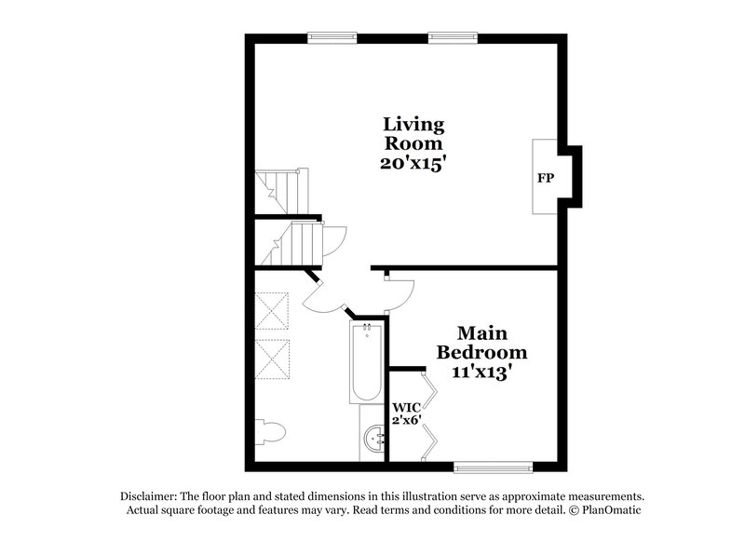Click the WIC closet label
[x=405, y=408]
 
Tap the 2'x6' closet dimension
[x=405, y=420]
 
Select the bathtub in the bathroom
[x=366, y=362]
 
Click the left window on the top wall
[x=332, y=38]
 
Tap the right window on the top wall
[x=454, y=38]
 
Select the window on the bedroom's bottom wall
[x=494, y=466]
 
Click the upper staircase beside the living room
[x=280, y=191]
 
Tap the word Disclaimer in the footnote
[x=149, y=496]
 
